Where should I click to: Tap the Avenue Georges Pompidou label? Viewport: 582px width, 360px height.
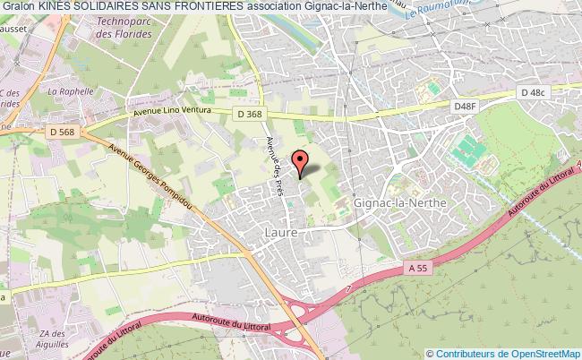(x=145, y=176)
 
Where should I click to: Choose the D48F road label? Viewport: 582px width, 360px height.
(x=465, y=107)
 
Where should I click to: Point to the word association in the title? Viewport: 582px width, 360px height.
(x=305, y=7)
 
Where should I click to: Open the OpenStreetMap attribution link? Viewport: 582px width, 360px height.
(x=507, y=353)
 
